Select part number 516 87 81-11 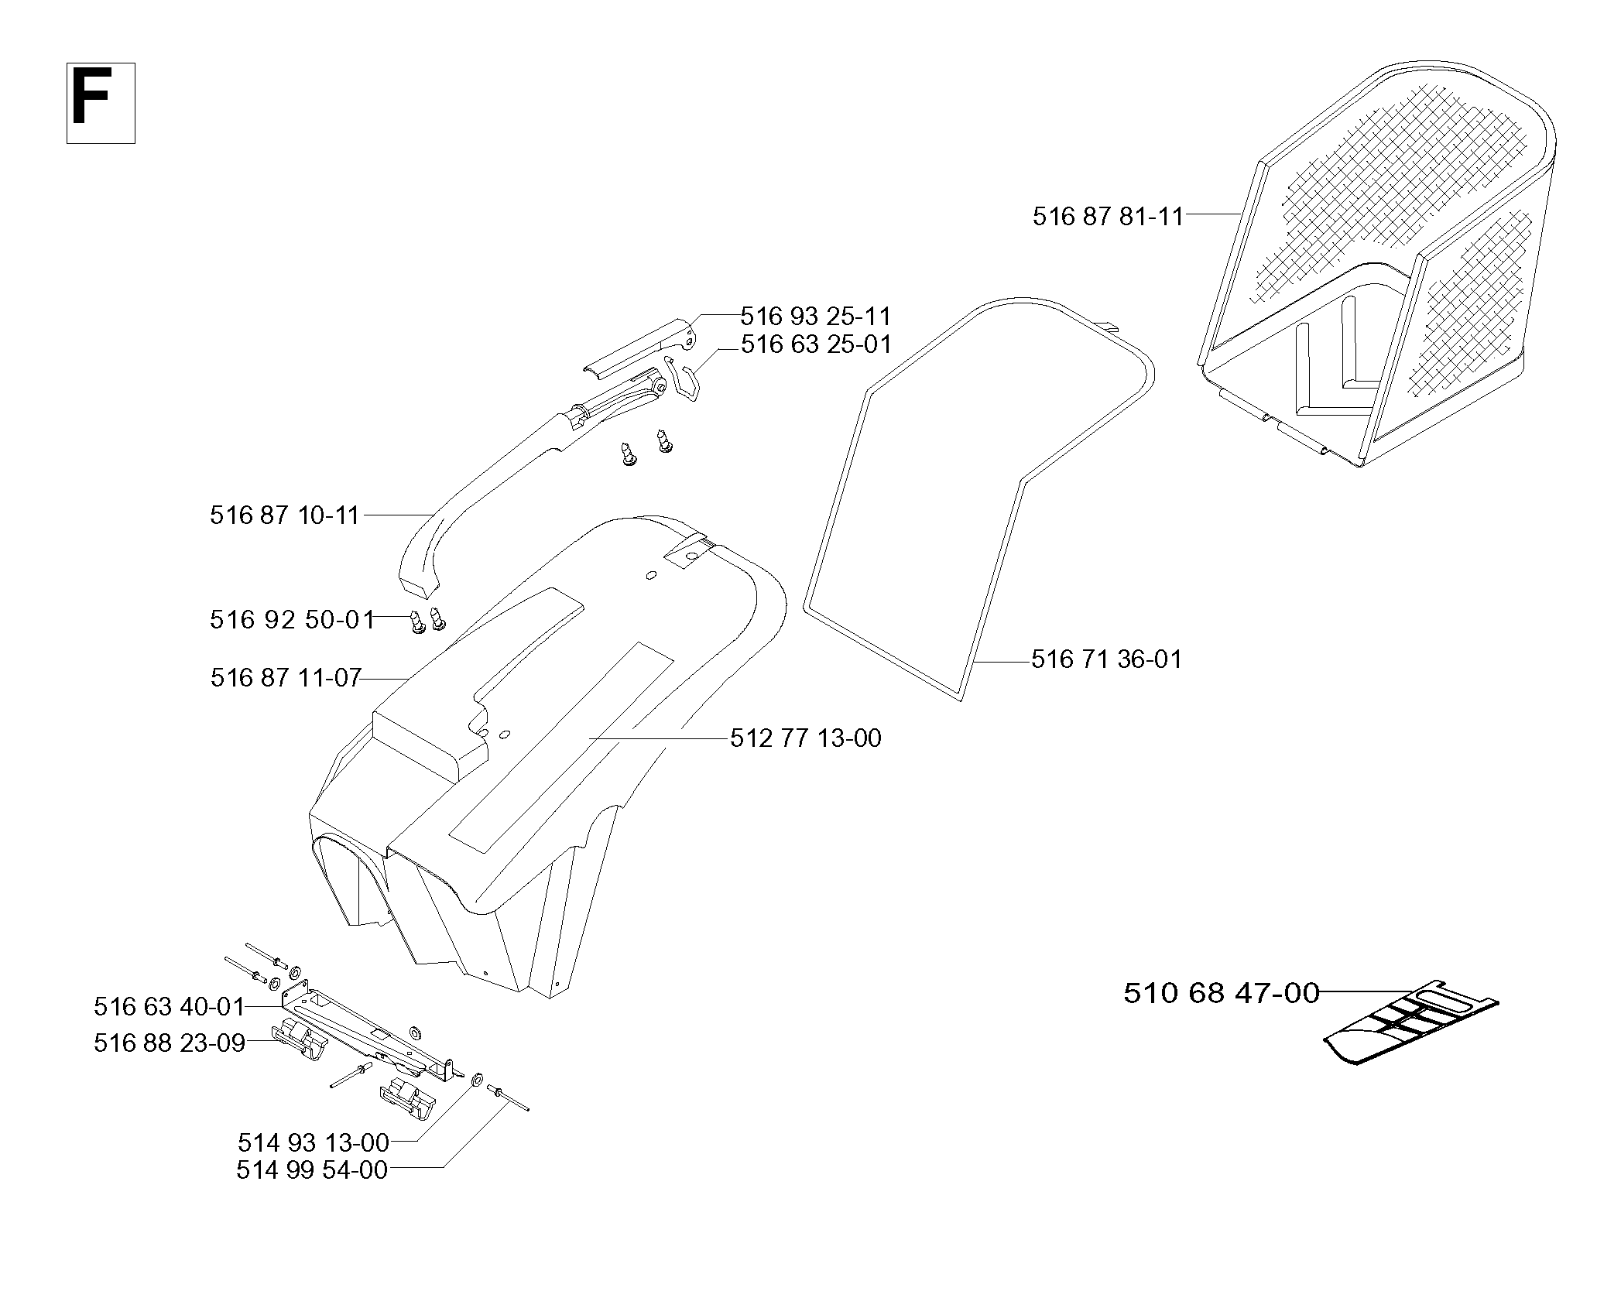tap(1108, 216)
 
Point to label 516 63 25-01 tap(816, 344)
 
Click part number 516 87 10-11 tap(285, 515)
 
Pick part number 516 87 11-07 tap(286, 678)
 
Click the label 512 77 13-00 tap(806, 738)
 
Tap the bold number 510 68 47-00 tap(1222, 993)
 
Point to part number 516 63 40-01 tap(170, 1006)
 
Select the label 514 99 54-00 tap(312, 1169)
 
